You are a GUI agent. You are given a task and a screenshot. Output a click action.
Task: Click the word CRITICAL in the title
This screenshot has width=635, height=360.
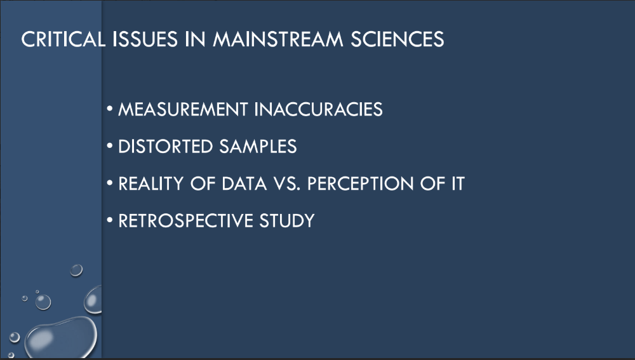click(63, 39)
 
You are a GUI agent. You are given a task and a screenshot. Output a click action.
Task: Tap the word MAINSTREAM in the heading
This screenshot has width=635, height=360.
click(278, 39)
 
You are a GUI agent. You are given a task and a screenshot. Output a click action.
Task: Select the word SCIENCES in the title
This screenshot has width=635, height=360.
click(398, 39)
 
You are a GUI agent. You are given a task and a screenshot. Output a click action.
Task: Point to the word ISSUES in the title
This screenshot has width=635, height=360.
click(145, 39)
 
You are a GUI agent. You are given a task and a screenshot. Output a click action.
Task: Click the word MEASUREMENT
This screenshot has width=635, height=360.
click(183, 109)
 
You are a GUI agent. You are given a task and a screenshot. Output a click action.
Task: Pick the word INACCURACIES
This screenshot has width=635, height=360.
click(319, 109)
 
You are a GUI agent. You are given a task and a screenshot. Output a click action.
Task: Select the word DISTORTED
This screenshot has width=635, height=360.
click(165, 147)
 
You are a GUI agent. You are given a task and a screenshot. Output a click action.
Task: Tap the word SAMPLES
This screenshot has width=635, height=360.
click(258, 147)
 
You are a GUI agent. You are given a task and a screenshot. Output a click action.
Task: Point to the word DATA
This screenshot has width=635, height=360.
click(244, 183)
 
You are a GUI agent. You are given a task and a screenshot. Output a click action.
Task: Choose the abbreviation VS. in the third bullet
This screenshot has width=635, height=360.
click(287, 183)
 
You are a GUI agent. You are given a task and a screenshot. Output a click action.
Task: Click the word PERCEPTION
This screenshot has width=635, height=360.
click(361, 183)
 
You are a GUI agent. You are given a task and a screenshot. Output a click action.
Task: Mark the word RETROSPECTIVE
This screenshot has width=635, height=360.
click(185, 221)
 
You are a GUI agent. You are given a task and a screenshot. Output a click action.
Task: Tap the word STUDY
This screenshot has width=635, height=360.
click(287, 221)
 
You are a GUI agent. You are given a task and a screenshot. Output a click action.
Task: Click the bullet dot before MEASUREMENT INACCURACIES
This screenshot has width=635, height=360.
click(110, 109)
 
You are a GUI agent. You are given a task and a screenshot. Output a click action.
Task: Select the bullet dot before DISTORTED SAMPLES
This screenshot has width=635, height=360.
click(110, 146)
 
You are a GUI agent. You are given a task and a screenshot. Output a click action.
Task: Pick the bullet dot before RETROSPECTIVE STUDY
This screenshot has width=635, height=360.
click(110, 220)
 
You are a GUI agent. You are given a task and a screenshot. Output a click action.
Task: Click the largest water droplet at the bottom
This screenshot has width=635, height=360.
click(61, 337)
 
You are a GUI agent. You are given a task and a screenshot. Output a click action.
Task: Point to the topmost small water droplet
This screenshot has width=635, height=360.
click(76, 270)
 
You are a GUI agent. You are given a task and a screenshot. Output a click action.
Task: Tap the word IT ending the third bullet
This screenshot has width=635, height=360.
click(458, 183)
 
